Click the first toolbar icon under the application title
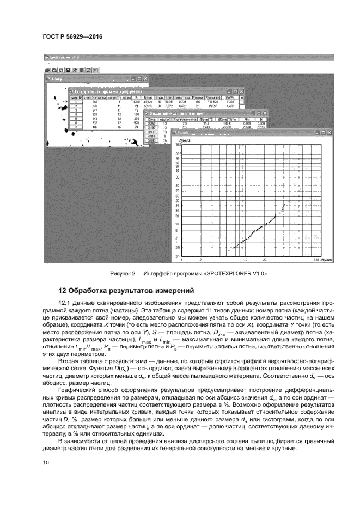coord(47,70)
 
